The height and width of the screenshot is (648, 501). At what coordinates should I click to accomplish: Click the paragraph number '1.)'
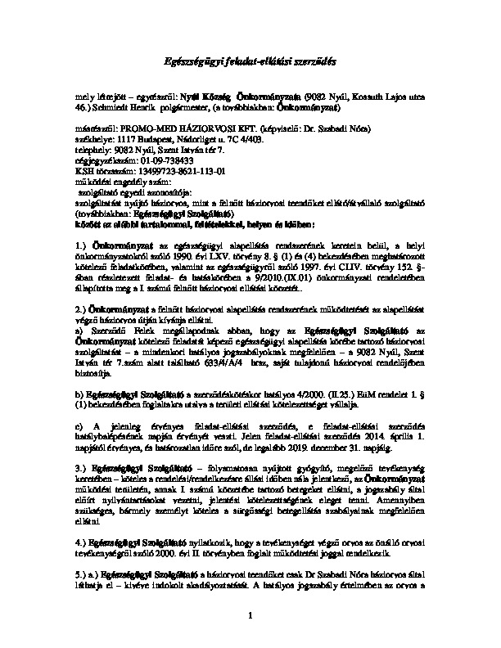(x=80, y=222)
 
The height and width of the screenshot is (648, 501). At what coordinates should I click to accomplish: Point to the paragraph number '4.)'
(x=80, y=542)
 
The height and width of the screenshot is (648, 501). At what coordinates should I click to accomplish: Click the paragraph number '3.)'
(x=80, y=479)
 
